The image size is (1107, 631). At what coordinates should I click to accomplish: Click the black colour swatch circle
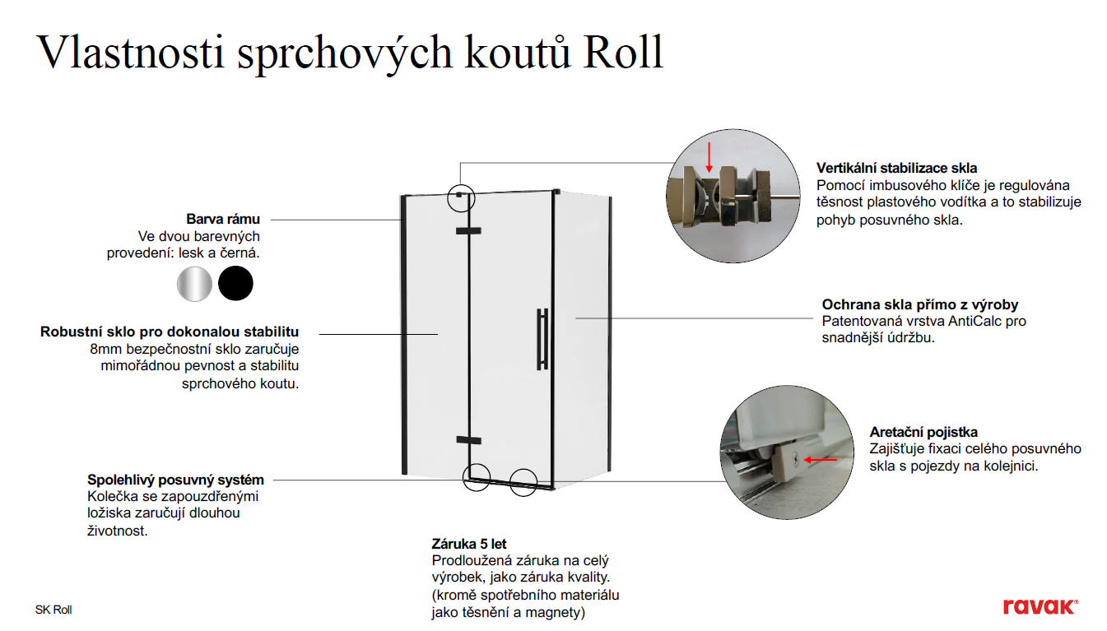[235, 284]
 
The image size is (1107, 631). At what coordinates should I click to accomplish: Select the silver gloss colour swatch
[194, 284]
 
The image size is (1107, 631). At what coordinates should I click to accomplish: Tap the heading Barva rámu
[223, 219]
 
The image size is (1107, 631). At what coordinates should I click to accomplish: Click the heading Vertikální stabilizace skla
[896, 169]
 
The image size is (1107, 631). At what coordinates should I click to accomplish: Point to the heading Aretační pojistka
[923, 432]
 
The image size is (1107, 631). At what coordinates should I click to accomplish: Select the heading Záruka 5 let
[469, 544]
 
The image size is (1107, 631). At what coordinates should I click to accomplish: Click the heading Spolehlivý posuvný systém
[175, 480]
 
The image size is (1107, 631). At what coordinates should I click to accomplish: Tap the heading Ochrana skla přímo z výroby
[920, 304]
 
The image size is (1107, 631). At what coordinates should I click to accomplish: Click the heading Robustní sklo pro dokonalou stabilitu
[170, 332]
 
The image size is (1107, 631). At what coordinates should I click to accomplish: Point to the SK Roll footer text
[53, 610]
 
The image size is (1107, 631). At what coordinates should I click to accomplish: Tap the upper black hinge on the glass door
[468, 230]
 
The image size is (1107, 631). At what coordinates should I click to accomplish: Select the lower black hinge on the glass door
[468, 440]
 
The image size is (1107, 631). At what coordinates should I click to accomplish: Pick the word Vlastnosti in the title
[130, 52]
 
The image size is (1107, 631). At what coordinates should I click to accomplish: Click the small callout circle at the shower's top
[462, 196]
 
